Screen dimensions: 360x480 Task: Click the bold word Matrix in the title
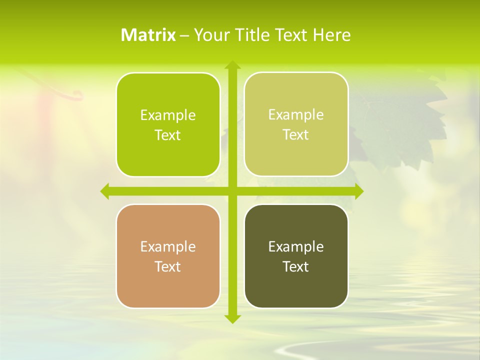[148, 35]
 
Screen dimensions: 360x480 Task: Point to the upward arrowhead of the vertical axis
[232, 65]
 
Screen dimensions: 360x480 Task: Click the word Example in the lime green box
[168, 115]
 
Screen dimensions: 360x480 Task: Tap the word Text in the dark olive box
[296, 266]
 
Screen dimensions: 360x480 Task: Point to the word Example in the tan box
[168, 246]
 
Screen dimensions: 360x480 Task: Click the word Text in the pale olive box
[296, 135]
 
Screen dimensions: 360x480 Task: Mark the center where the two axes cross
[232, 191]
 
